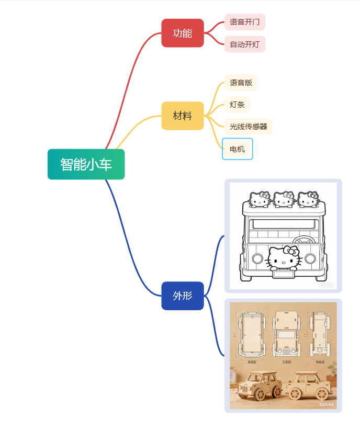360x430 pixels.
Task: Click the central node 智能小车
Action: click(86, 164)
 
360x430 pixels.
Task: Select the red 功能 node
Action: click(182, 33)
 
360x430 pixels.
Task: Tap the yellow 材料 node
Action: click(182, 116)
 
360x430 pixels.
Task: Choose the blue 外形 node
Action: click(182, 296)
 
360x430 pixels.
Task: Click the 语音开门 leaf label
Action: click(244, 22)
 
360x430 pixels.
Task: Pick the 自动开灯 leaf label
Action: click(244, 44)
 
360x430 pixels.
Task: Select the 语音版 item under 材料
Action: click(241, 83)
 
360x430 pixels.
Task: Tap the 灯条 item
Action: click(237, 105)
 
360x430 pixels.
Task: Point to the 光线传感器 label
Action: click(248, 127)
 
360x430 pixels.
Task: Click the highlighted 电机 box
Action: click(237, 149)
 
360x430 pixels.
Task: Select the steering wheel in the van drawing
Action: click(304, 240)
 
